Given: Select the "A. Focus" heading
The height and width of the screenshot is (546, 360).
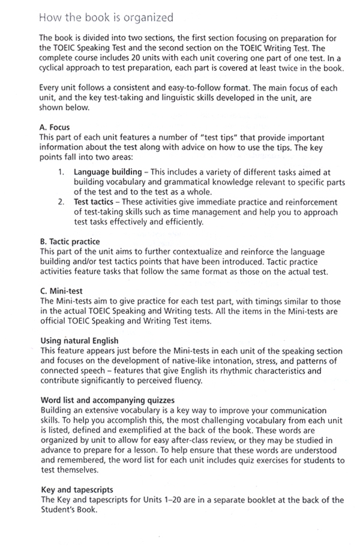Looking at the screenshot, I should click(55, 127).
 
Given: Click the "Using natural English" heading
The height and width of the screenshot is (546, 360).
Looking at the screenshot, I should click(79, 340).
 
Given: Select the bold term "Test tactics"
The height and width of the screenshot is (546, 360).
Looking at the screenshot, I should click(95, 202).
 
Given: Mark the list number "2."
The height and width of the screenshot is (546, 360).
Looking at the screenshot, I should click(62, 202).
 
